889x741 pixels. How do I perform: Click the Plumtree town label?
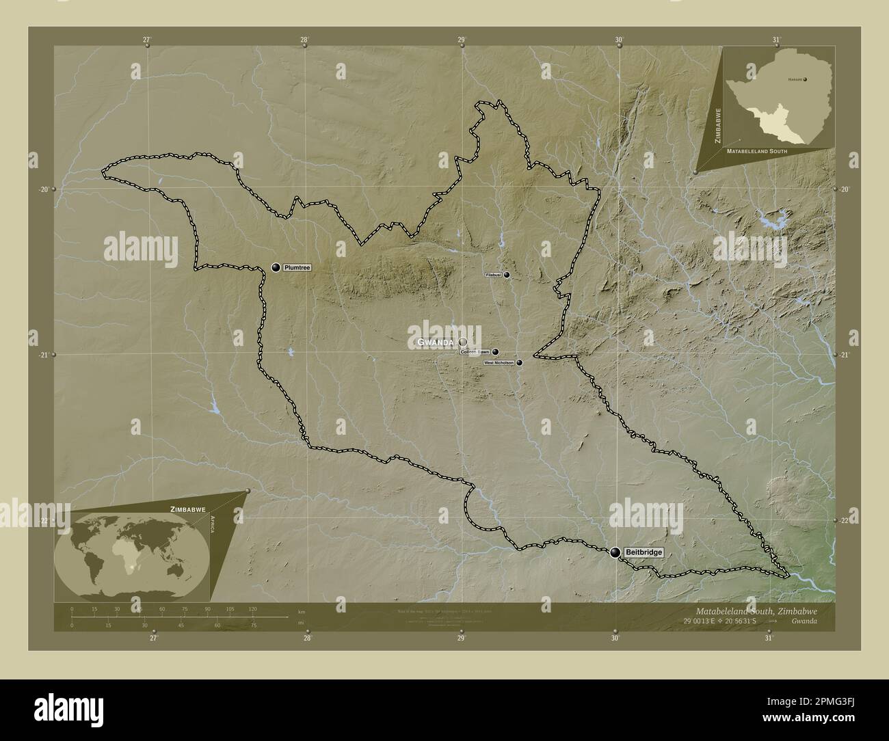click(x=297, y=268)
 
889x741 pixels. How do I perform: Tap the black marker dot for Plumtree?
click(x=276, y=267)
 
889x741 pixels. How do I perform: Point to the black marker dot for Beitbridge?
click(x=616, y=552)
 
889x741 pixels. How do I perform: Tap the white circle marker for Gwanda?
click(x=463, y=341)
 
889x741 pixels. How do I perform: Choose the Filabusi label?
click(x=494, y=275)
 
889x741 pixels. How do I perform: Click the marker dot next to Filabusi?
click(x=507, y=275)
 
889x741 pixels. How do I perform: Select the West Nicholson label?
click(x=499, y=363)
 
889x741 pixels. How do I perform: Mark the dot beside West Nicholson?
click(x=519, y=363)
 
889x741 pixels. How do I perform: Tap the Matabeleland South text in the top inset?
click(x=757, y=150)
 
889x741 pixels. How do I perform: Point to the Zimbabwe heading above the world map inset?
click(x=181, y=510)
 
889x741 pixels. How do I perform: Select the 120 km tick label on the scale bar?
click(x=252, y=609)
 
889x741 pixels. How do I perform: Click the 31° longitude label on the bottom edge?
click(x=769, y=638)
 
